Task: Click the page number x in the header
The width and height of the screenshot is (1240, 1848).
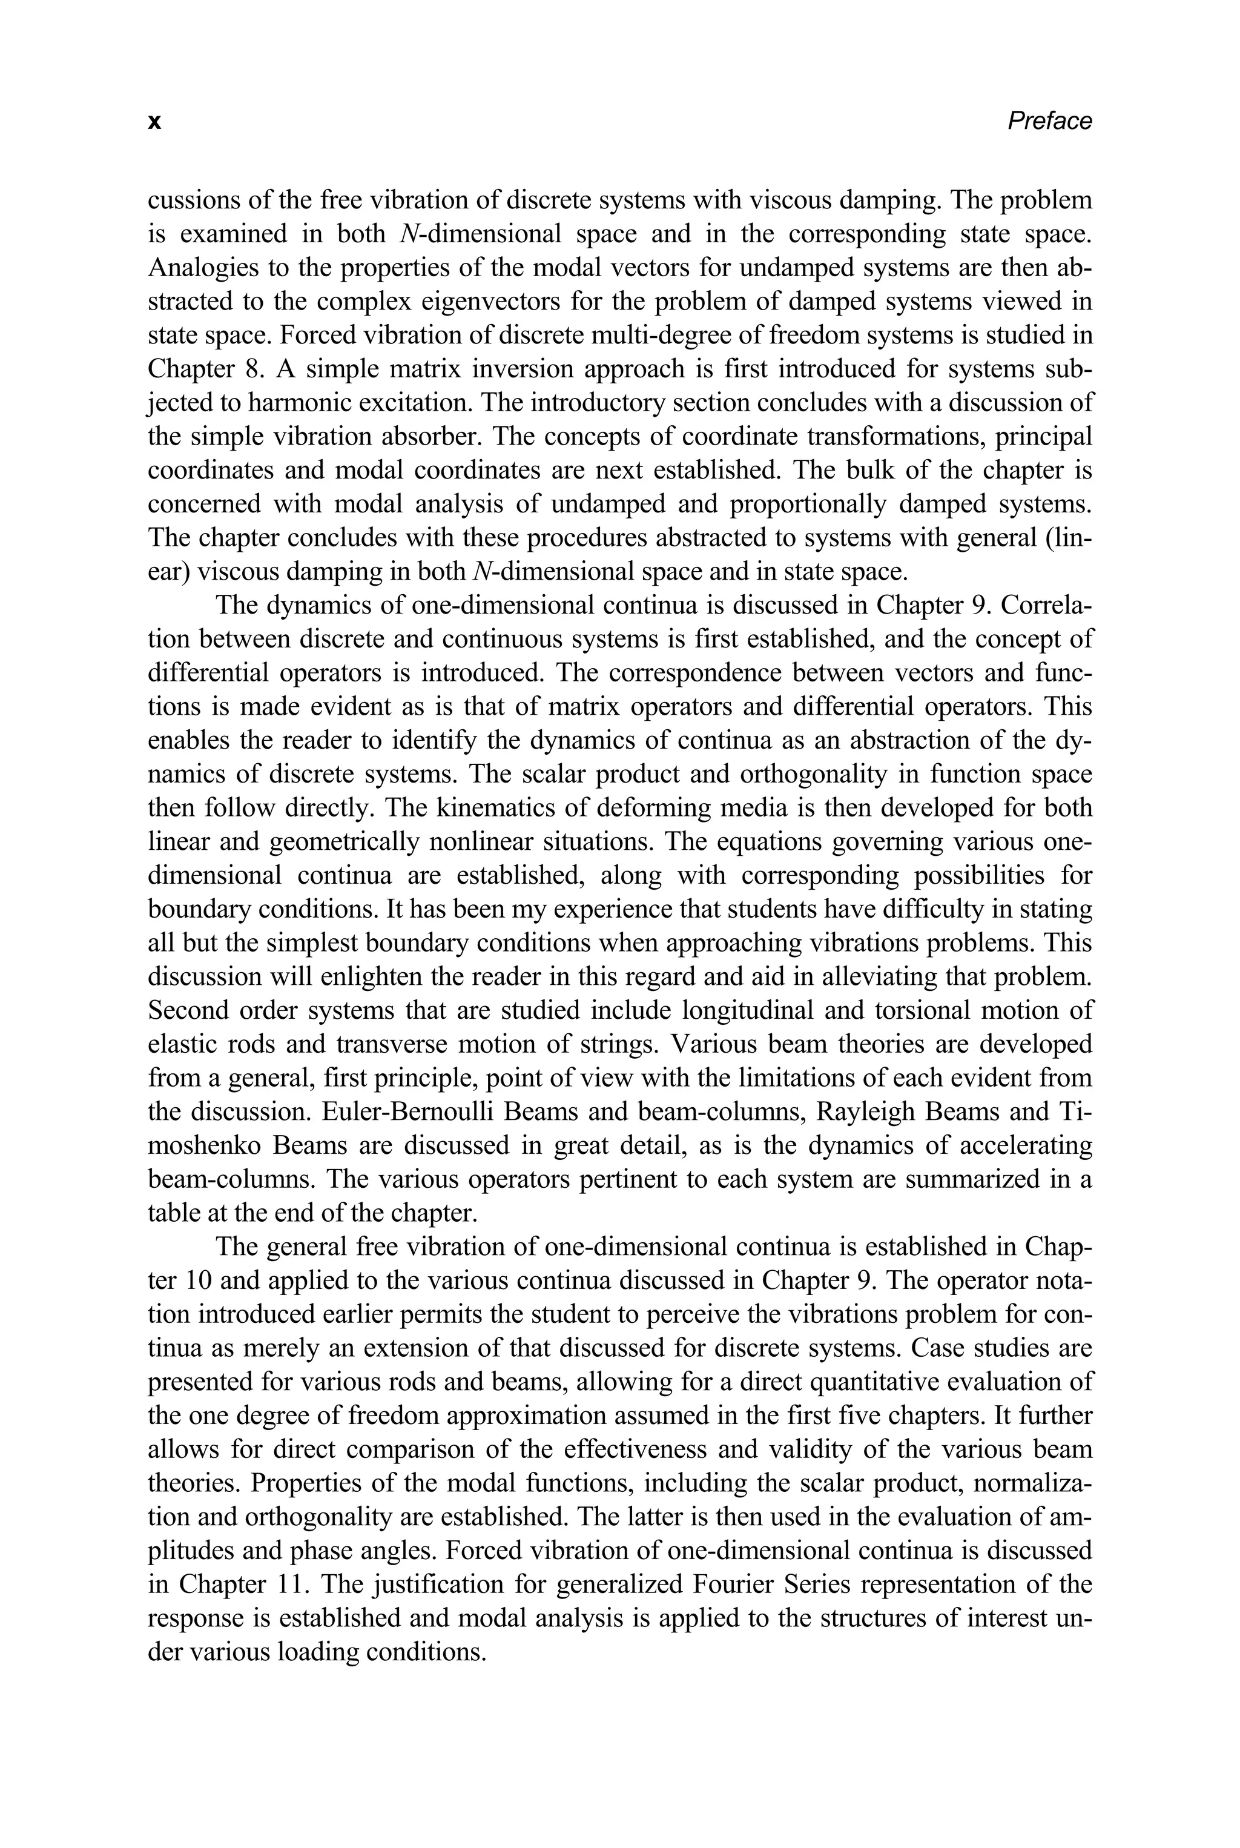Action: coord(155,122)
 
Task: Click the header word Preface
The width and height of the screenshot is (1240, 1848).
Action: coord(1049,121)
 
